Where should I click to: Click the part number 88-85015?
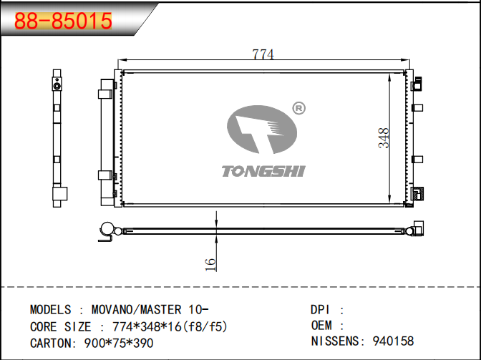[63, 21]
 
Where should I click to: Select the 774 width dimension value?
[263, 54]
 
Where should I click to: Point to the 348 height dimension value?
[384, 138]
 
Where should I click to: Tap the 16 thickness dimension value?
[210, 265]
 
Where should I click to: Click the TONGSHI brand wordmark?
[263, 171]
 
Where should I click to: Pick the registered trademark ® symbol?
[298, 108]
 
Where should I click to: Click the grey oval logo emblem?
[262, 130]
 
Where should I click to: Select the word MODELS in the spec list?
[50, 309]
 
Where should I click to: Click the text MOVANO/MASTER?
[136, 309]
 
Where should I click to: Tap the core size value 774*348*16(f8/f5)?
[170, 326]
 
